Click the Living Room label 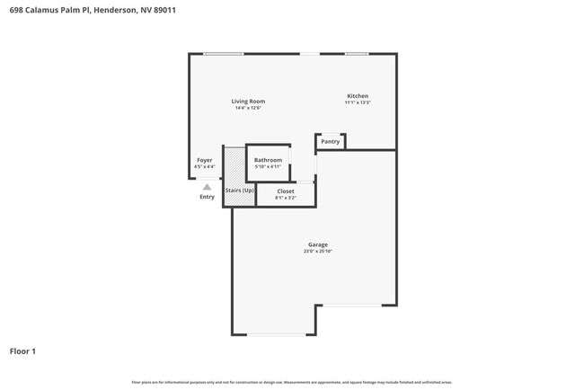click(248, 102)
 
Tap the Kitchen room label click(358, 96)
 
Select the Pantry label click(330, 141)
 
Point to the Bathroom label click(268, 160)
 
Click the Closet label click(286, 191)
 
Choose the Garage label click(317, 244)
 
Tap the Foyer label click(205, 160)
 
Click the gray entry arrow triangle click(207, 187)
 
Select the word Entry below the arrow click(207, 197)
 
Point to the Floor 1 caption click(22, 350)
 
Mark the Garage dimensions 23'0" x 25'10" click(317, 252)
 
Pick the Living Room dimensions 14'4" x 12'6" click(248, 109)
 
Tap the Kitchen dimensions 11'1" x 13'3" click(358, 103)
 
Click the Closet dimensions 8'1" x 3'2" click(286, 198)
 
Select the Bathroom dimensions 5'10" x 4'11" click(268, 167)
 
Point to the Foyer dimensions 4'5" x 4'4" click(205, 167)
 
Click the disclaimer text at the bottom click(292, 382)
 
